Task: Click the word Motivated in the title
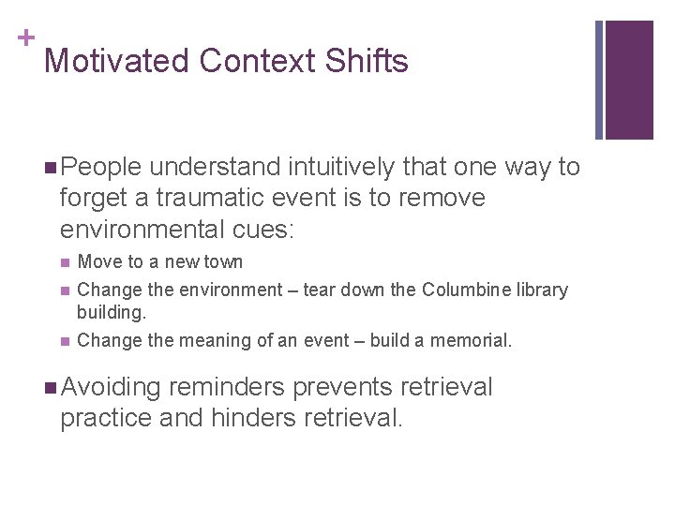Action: coord(117,62)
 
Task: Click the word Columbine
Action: coord(464,290)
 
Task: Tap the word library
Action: coord(541,290)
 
